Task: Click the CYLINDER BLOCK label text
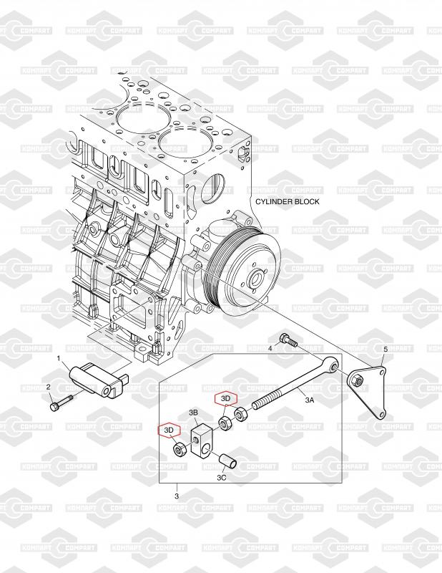(x=288, y=202)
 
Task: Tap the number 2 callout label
(x=49, y=387)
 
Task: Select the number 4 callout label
(x=270, y=348)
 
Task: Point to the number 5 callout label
(x=385, y=349)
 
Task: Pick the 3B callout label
(x=193, y=413)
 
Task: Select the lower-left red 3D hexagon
(x=170, y=430)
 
